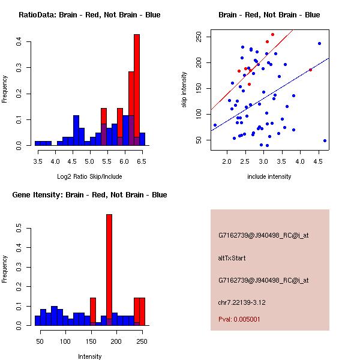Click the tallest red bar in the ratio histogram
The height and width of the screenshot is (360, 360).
[x=137, y=90]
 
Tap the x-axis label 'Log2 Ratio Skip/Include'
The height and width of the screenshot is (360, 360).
[x=89, y=177]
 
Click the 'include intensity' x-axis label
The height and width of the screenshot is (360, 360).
[x=269, y=177]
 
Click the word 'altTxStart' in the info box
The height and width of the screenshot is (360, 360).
[x=232, y=258]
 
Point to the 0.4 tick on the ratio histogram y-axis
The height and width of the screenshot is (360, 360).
[x=19, y=41]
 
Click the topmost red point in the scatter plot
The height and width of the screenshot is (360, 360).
[x=272, y=34]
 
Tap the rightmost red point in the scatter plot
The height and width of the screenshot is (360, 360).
[x=310, y=70]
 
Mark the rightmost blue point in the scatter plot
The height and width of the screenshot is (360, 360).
[x=325, y=140]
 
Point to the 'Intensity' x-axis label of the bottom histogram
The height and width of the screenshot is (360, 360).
[x=89, y=356]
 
